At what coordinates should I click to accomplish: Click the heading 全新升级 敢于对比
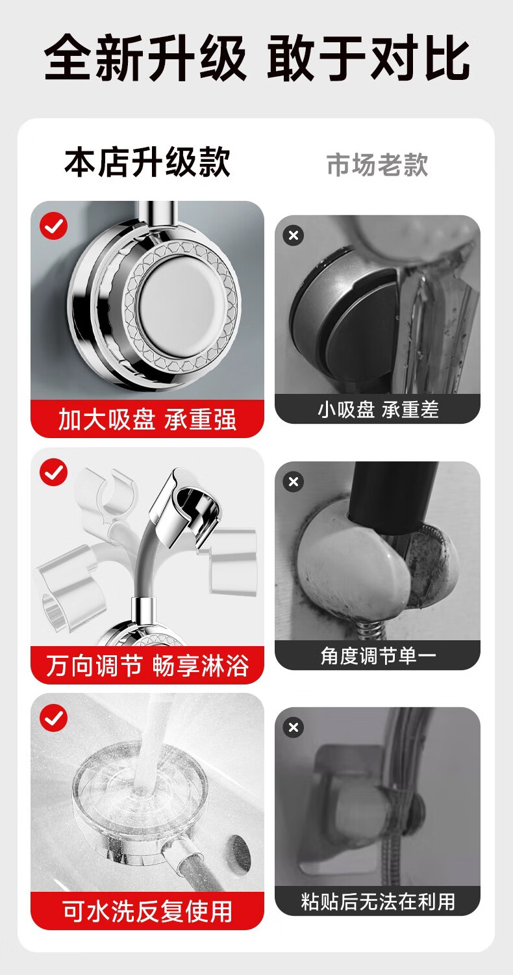[257, 58]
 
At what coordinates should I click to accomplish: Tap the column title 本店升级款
[147, 162]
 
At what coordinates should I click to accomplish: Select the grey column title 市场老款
[377, 165]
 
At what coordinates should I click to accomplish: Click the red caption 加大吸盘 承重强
[147, 419]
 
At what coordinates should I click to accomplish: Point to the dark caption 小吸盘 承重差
[378, 409]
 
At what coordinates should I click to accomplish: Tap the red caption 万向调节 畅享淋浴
[147, 666]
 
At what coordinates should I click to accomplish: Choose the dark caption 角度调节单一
[378, 656]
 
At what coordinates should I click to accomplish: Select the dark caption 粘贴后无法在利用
[378, 902]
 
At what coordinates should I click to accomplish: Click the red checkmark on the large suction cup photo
[53, 226]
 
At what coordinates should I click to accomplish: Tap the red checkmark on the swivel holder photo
[53, 472]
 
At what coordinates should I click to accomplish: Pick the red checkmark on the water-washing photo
[53, 718]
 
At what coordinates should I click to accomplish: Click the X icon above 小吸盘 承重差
[294, 235]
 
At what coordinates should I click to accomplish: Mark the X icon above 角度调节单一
[294, 482]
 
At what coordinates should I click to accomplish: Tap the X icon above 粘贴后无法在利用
[294, 727]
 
